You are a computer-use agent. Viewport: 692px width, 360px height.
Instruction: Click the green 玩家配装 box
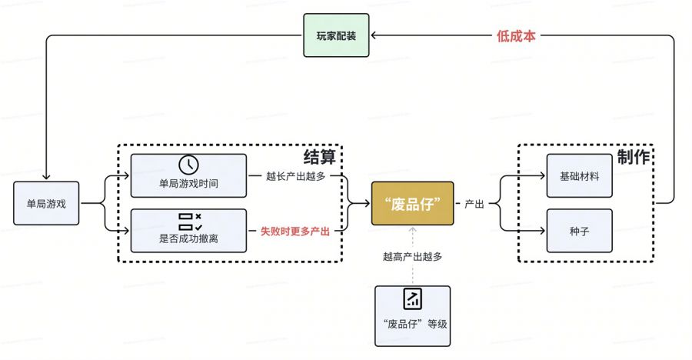tap(335, 35)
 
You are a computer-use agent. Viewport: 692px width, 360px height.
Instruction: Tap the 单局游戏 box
tap(46, 204)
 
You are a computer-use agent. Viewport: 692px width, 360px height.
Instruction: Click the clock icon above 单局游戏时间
tap(188, 165)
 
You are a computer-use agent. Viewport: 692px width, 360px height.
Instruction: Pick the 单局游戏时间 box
tap(188, 175)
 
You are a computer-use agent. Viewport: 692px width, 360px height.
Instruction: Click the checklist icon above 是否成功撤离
tap(189, 222)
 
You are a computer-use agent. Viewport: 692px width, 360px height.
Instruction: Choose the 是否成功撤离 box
tap(188, 231)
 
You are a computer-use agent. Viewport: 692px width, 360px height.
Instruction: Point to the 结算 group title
tap(319, 157)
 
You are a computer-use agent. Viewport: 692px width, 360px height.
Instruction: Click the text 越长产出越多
tap(295, 176)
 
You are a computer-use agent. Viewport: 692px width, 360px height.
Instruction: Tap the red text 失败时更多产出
tap(295, 232)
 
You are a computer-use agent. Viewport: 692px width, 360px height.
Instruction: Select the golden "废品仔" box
tap(412, 204)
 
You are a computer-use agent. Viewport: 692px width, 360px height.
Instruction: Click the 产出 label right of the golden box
tap(474, 204)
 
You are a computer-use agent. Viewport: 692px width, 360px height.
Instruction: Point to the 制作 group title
tap(633, 157)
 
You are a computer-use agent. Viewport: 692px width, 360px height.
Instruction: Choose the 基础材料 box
tap(580, 176)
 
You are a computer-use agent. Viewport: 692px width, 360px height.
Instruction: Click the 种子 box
tap(580, 231)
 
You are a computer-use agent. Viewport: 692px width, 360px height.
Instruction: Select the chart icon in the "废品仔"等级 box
tap(412, 298)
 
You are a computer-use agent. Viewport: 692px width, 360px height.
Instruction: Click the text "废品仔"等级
tap(412, 324)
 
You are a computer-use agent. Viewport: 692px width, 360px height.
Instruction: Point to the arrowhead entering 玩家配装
tap(372, 35)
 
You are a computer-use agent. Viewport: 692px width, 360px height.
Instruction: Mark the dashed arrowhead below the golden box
tap(412, 230)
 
